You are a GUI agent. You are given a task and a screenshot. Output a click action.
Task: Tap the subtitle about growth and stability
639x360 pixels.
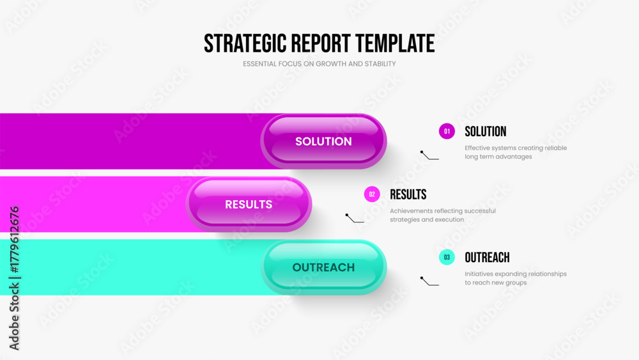pyautogui.click(x=319, y=64)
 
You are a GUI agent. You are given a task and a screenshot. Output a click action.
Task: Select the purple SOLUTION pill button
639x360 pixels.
pyautogui.click(x=323, y=141)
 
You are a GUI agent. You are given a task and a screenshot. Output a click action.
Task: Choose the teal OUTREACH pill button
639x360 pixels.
pyautogui.click(x=323, y=267)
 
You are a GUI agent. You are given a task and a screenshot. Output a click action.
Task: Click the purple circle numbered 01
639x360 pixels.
pyautogui.click(x=447, y=132)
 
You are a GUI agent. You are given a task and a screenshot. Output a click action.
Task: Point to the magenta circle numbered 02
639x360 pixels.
pyautogui.click(x=372, y=194)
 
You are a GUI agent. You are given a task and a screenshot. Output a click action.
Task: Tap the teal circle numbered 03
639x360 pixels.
pyautogui.click(x=447, y=258)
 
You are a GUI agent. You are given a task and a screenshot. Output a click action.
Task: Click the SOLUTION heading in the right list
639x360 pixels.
pyautogui.click(x=485, y=132)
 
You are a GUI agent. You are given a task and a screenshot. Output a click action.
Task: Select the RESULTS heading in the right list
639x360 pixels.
pyautogui.click(x=408, y=194)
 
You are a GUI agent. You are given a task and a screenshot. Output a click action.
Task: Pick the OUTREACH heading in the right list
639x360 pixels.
pyautogui.click(x=487, y=258)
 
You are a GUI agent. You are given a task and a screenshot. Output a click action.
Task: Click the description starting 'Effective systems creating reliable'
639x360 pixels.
pyautogui.click(x=516, y=152)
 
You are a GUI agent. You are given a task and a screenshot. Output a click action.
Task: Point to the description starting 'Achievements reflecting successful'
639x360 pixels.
pyautogui.click(x=442, y=215)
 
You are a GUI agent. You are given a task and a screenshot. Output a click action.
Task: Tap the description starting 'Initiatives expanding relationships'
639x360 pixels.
pyautogui.click(x=515, y=278)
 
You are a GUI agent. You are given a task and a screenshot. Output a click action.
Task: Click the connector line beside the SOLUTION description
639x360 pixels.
pyautogui.click(x=429, y=155)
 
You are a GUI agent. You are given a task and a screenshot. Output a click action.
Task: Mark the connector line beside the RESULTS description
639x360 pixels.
pyautogui.click(x=355, y=219)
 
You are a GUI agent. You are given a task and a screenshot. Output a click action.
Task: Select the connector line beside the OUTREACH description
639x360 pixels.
pyautogui.click(x=429, y=281)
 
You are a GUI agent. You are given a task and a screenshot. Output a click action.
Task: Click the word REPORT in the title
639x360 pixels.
pyautogui.click(x=321, y=43)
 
